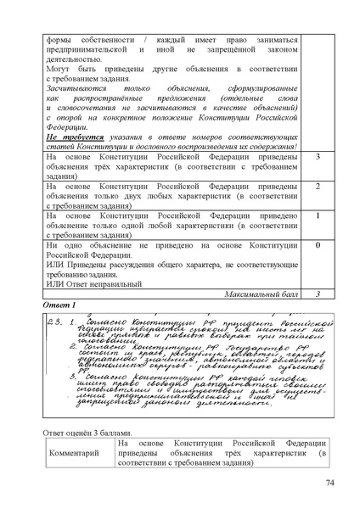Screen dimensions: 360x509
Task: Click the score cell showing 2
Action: point(316,187)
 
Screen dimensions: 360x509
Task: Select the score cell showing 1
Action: point(316,215)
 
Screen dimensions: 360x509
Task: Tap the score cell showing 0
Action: point(316,245)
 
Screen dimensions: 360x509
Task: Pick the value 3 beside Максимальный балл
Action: point(316,294)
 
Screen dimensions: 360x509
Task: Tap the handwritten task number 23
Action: point(53,322)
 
